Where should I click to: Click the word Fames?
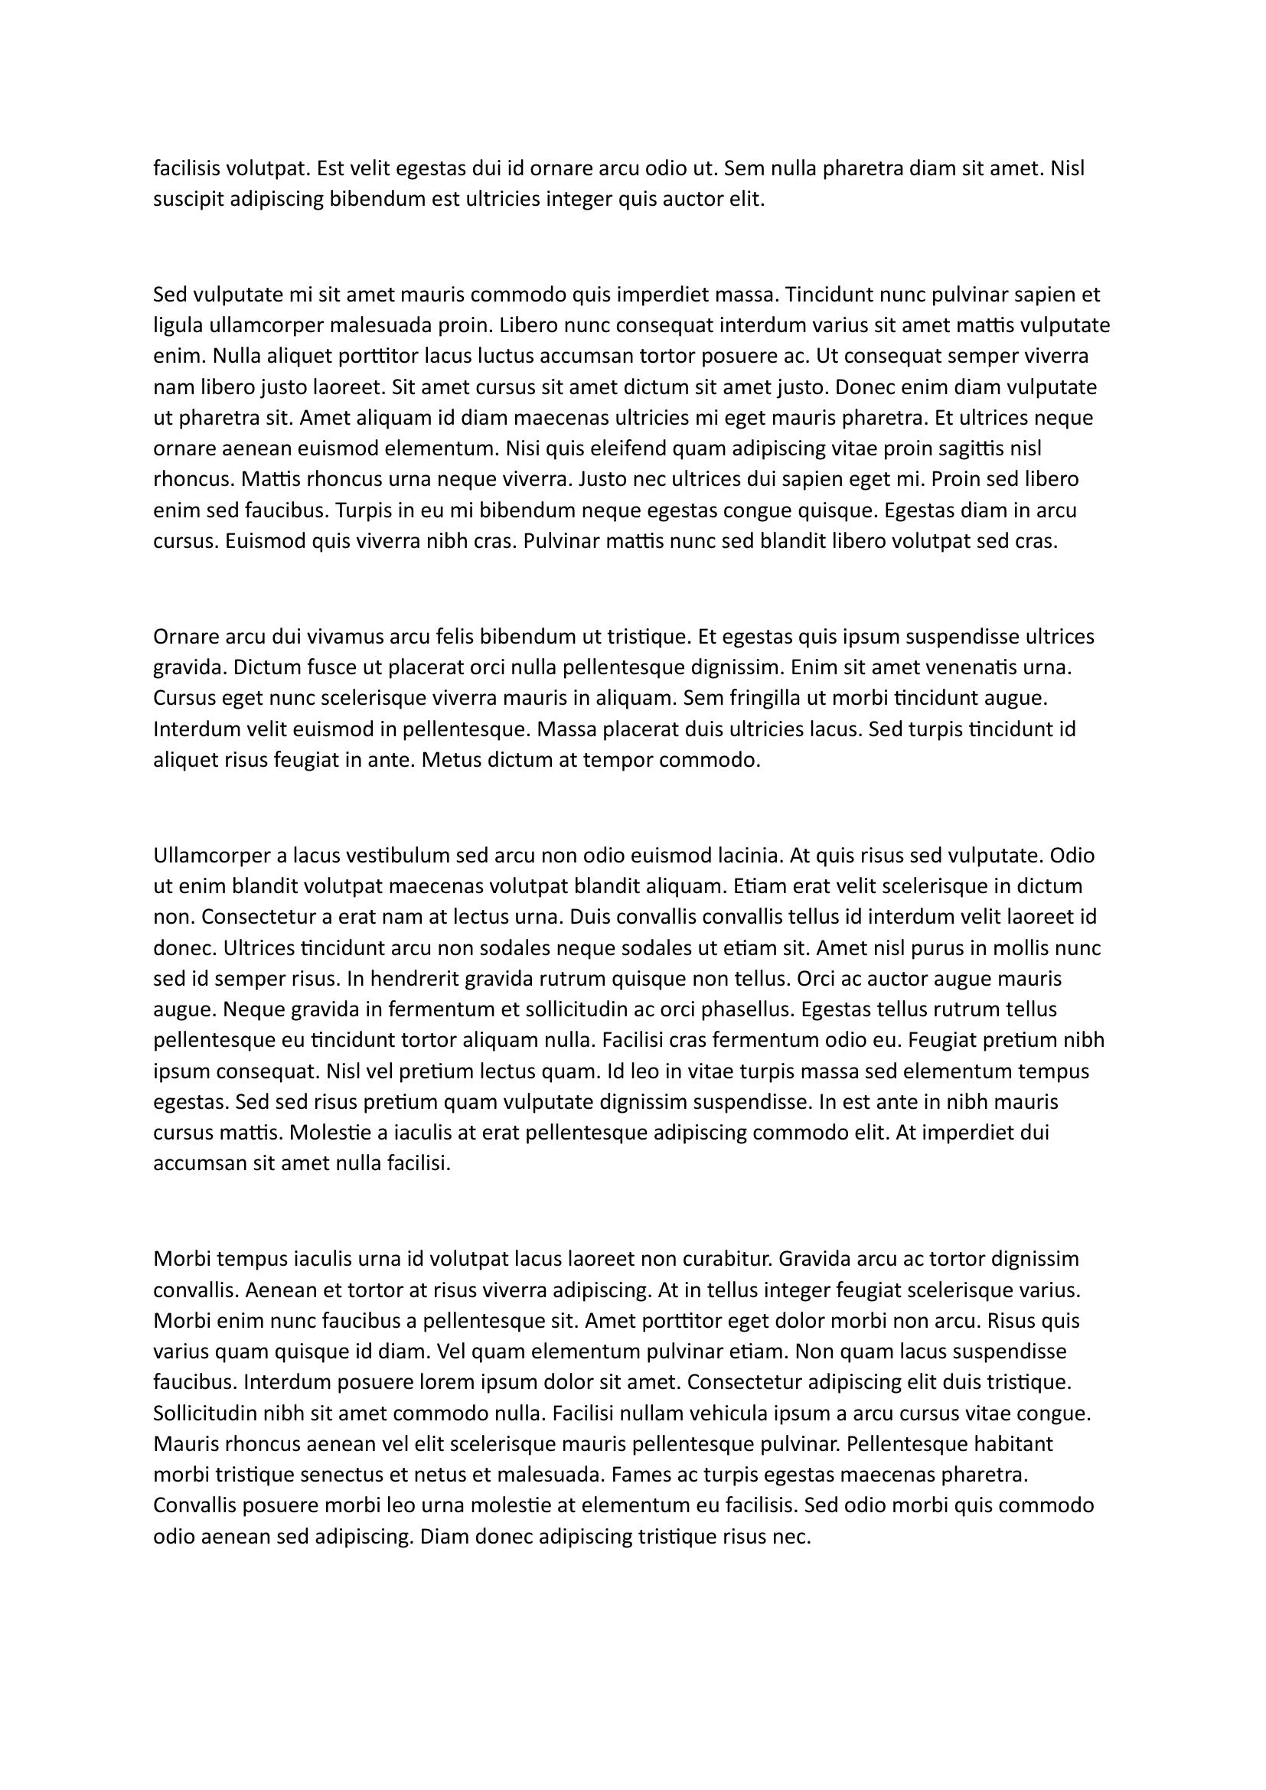click(638, 1474)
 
